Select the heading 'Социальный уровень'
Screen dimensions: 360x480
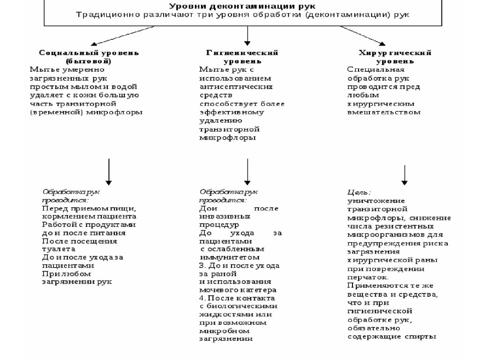click(89, 52)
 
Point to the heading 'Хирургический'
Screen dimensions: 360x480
click(394, 52)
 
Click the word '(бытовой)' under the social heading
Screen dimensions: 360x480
click(89, 61)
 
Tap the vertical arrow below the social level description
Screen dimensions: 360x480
click(109, 171)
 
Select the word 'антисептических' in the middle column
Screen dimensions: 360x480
click(236, 87)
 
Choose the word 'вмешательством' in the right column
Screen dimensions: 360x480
click(384, 112)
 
